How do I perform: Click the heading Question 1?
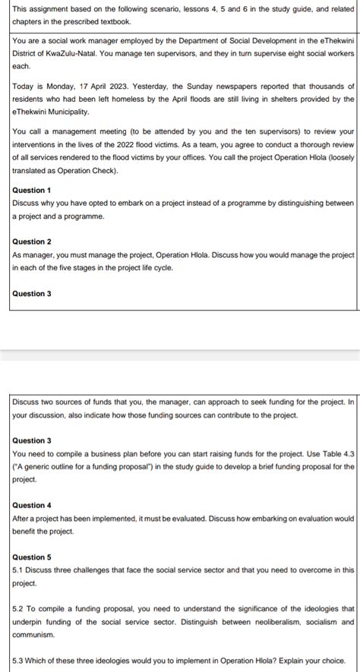pos(32,190)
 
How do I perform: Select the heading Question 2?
pos(32,241)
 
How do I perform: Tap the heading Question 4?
pos(32,505)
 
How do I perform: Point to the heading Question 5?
pos(32,557)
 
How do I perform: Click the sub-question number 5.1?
pos(19,569)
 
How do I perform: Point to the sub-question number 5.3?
pos(19,660)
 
